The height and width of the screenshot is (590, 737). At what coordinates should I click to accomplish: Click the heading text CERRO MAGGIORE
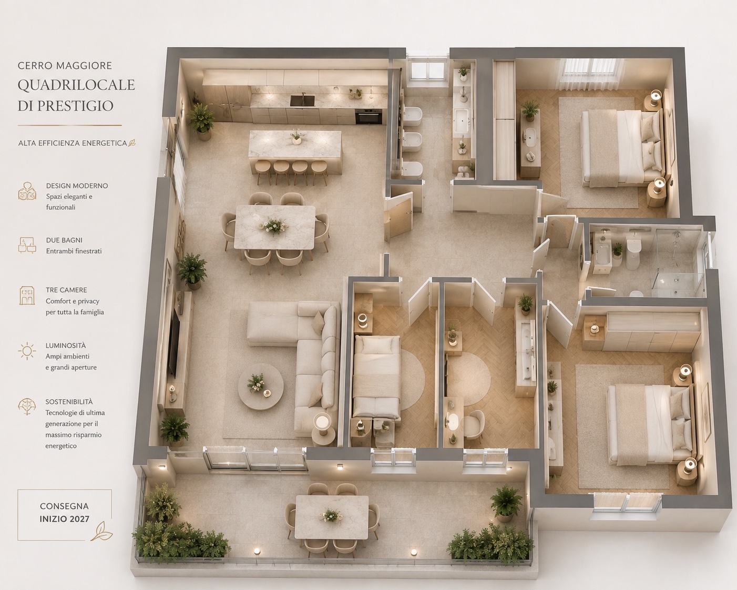[65, 65]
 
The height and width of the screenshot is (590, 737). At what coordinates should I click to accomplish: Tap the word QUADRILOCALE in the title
[76, 85]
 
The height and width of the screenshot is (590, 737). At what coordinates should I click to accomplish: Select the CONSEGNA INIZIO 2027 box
[65, 515]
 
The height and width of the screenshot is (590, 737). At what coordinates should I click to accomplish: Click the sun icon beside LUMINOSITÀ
[27, 351]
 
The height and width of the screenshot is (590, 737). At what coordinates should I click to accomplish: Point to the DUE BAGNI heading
[64, 240]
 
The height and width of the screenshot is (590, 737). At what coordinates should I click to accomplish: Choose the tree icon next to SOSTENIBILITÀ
[27, 406]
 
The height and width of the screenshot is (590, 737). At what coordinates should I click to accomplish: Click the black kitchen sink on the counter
[302, 100]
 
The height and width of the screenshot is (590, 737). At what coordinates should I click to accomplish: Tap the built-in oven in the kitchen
[368, 117]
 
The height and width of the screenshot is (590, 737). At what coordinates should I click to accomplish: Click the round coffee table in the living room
[261, 386]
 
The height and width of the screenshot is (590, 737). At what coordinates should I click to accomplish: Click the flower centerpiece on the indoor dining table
[273, 226]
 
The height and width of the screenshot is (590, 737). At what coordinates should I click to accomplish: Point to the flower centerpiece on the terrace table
[331, 515]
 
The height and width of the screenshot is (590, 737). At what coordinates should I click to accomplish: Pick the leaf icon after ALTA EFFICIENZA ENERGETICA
[131, 143]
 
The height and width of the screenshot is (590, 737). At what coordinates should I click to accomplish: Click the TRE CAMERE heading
[66, 290]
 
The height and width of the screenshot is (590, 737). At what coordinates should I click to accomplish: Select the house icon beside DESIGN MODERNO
[27, 191]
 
